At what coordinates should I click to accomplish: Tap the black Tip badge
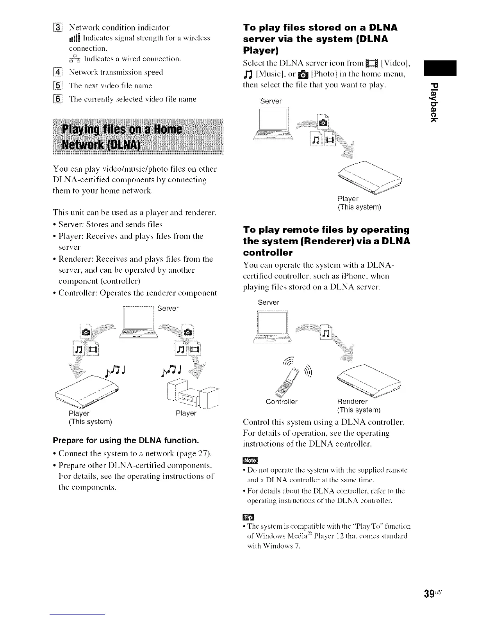click(248, 517)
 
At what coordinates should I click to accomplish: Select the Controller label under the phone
click(281, 401)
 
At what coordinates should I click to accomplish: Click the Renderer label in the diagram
click(352, 401)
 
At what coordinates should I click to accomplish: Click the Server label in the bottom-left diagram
click(168, 308)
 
